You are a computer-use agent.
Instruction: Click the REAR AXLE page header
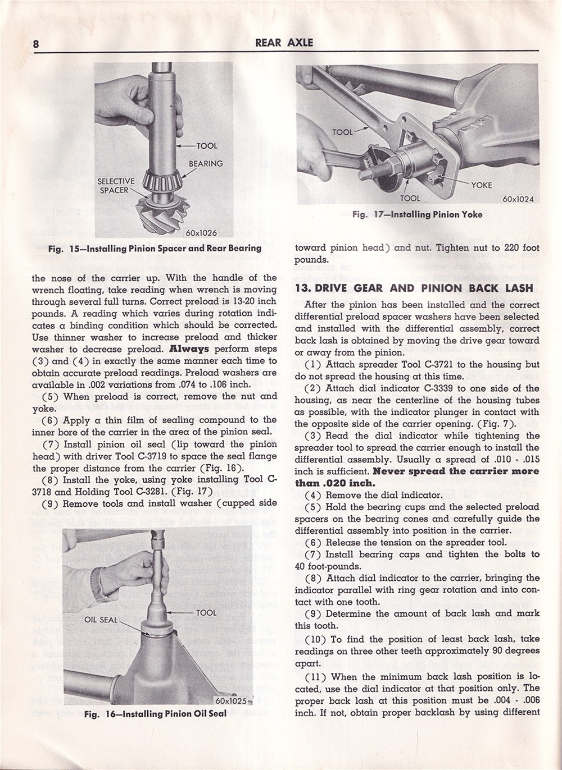pos(284,42)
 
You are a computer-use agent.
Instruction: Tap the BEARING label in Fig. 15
pos(206,163)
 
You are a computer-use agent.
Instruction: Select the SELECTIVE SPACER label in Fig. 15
pos(116,186)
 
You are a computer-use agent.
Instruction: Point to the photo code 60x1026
pos(201,232)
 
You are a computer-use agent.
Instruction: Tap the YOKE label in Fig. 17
pos(481,185)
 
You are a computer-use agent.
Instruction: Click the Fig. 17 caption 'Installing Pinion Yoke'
pos(416,214)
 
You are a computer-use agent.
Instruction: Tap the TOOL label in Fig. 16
pos(206,612)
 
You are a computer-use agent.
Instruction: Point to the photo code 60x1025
pos(231,700)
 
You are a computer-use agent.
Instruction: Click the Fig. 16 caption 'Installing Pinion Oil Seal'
pos(155,714)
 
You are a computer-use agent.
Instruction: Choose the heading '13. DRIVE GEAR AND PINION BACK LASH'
pos(414,288)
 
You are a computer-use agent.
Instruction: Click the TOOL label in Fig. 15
pos(206,146)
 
